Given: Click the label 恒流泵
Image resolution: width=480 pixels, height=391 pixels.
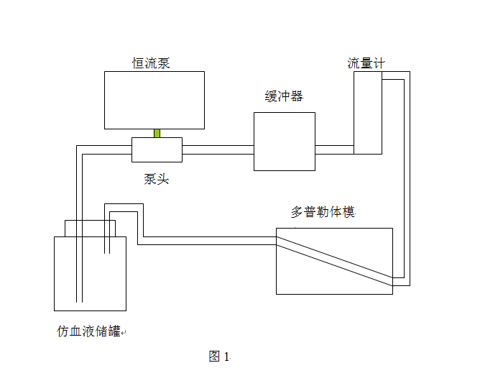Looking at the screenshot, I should (151, 63).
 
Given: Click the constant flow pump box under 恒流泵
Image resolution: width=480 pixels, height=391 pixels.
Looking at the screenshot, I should (154, 100).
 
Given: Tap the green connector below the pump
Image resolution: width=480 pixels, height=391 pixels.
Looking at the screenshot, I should (157, 133).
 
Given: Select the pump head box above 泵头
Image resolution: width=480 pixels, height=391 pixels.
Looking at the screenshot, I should (157, 149).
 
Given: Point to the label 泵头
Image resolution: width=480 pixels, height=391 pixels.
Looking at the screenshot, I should (156, 179).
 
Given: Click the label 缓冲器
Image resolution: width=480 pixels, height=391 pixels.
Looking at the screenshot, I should (284, 97).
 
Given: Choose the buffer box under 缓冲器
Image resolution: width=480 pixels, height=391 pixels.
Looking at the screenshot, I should (284, 142).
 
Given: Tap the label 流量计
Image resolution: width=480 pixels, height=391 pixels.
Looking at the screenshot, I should (366, 63).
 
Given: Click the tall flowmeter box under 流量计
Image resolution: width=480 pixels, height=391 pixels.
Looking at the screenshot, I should (366, 113).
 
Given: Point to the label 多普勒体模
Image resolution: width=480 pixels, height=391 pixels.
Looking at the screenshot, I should (323, 212).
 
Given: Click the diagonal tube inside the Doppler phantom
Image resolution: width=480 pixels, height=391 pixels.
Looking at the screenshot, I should (335, 261).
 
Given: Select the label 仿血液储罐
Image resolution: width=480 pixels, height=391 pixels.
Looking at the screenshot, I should (90, 331).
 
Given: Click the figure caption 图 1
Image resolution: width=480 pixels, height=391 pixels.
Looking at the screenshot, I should (218, 356).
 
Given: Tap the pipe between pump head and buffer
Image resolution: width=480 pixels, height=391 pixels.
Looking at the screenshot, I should (218, 149).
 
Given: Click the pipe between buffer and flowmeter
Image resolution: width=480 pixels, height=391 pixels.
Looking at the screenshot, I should (334, 149).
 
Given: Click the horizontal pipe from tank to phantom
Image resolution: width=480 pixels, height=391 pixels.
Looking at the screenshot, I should (208, 239).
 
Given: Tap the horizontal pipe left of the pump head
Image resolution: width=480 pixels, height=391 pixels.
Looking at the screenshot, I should (104, 149).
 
